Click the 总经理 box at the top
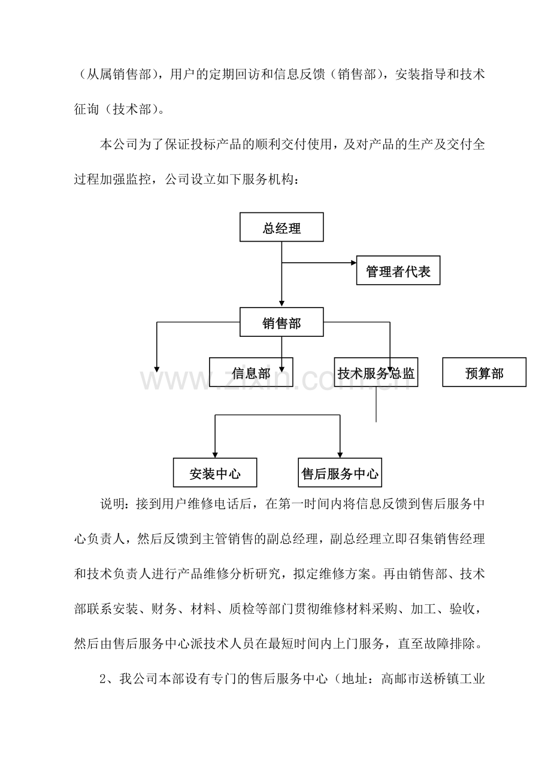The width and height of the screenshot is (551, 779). (281, 227)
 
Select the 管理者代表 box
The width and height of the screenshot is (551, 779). (398, 270)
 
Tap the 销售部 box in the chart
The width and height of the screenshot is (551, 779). (281, 322)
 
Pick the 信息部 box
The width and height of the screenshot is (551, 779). (250, 372)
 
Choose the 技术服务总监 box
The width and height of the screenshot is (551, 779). (376, 372)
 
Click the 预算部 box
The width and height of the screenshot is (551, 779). (484, 372)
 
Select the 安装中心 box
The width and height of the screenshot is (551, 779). (215, 473)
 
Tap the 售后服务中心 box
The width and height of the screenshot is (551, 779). (340, 473)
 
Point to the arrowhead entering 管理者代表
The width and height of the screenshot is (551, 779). (353, 263)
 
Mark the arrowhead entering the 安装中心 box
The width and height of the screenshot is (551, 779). (215, 455)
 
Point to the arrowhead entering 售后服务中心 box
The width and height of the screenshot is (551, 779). (340, 455)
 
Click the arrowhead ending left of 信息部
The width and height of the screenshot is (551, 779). (157, 369)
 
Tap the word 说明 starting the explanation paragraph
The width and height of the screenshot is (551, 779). (113, 504)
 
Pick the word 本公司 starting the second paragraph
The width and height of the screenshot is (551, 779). (119, 144)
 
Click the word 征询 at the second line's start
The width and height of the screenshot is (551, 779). (87, 109)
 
